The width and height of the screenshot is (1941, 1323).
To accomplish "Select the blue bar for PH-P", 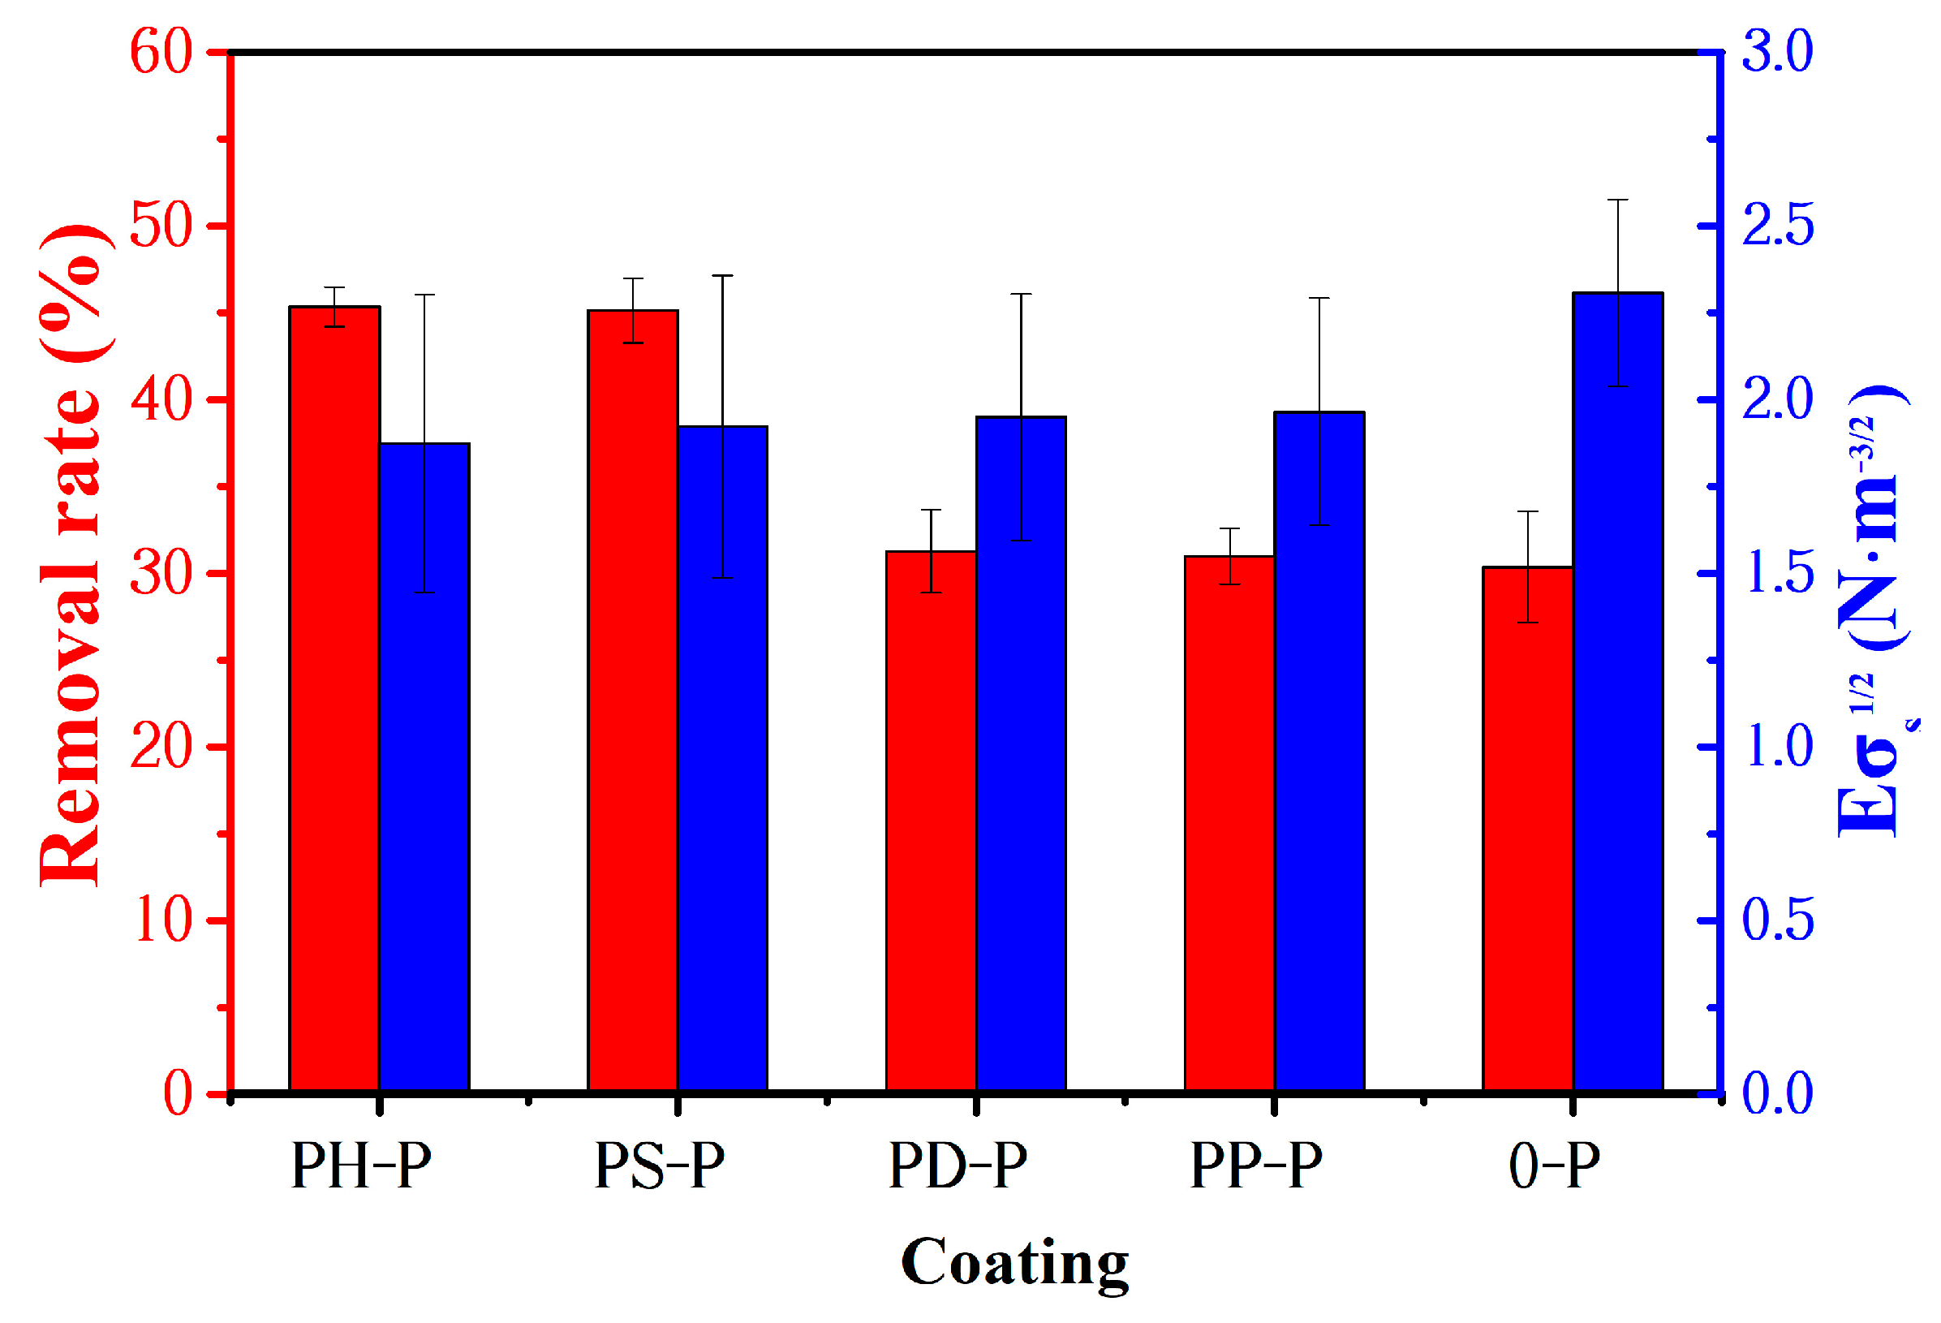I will pyautogui.click(x=424, y=769).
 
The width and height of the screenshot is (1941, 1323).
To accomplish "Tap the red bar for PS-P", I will pyautogui.click(x=632, y=701).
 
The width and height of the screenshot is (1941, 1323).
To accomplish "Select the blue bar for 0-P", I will pyautogui.click(x=1618, y=692).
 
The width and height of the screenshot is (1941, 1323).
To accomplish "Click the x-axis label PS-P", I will pyautogui.click(x=659, y=1166).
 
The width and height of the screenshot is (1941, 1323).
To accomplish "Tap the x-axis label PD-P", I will pyautogui.click(x=958, y=1166).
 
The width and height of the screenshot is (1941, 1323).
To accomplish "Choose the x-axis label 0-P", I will pyautogui.click(x=1553, y=1166).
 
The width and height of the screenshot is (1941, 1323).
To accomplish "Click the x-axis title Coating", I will pyautogui.click(x=1014, y=1263).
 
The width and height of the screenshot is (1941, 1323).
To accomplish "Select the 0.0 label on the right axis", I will pyautogui.click(x=1777, y=1094).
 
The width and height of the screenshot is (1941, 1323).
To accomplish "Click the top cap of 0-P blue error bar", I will pyautogui.click(x=1618, y=200).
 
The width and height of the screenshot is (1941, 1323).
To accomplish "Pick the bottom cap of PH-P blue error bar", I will pyautogui.click(x=424, y=593).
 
